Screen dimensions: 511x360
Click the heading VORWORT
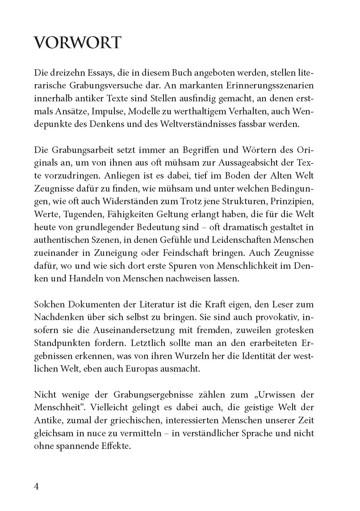coord(77,43)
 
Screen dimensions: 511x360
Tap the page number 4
coord(36,486)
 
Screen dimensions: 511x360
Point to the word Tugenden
coord(80,214)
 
